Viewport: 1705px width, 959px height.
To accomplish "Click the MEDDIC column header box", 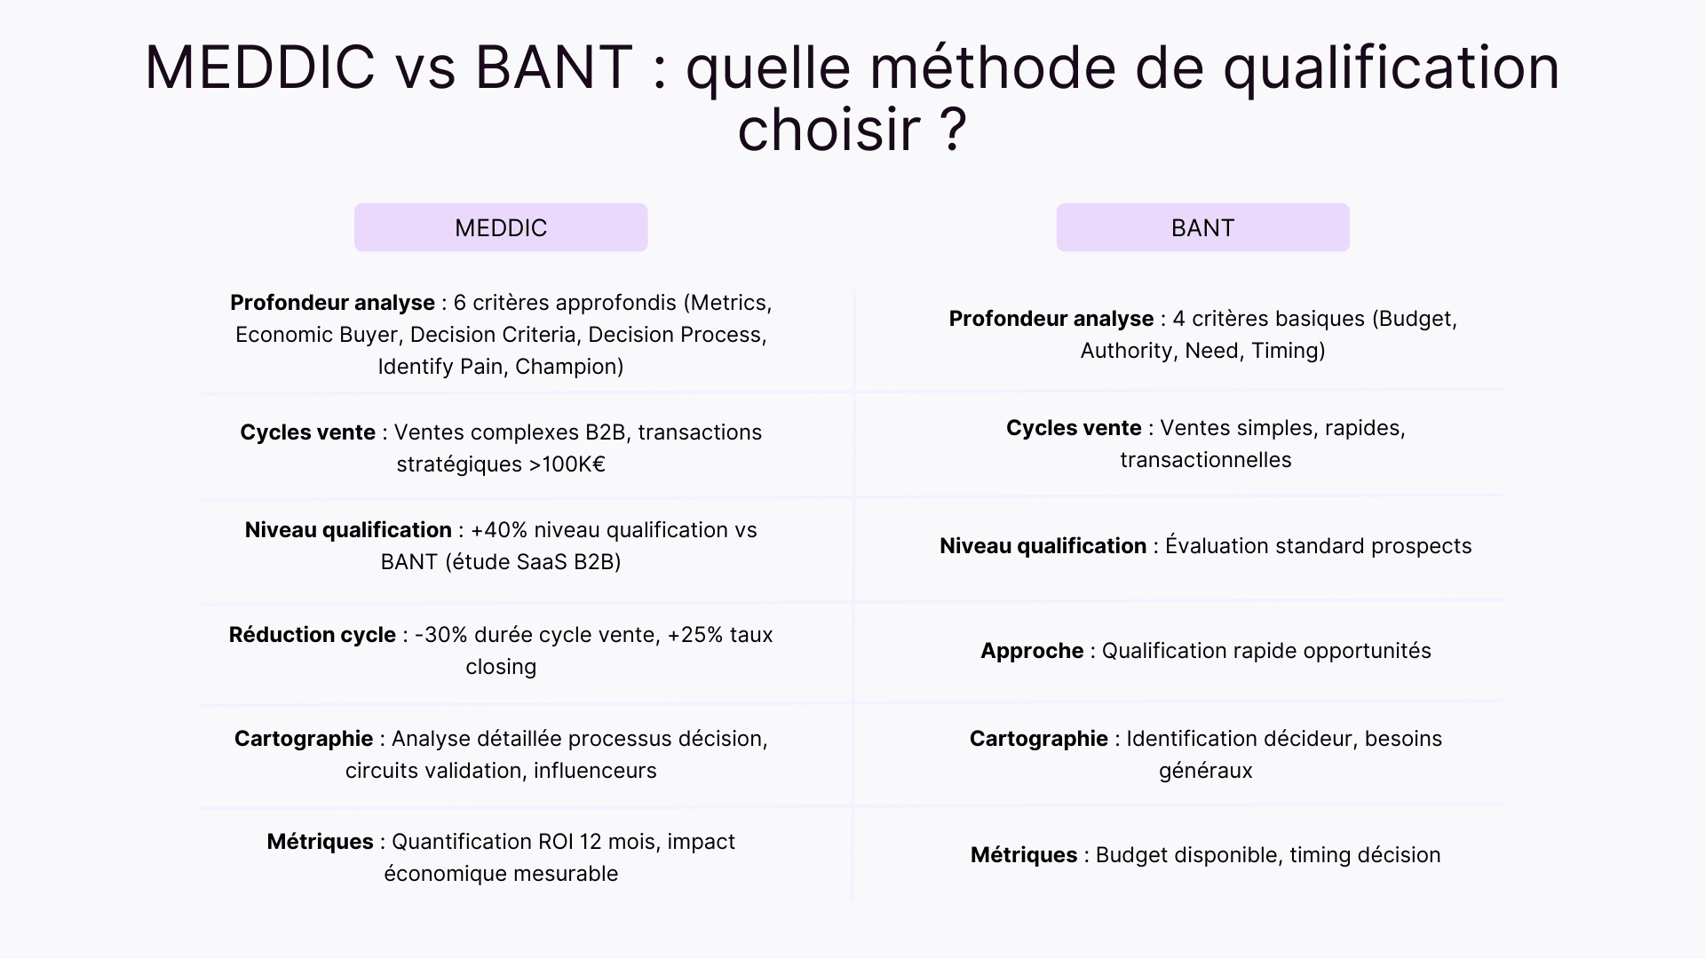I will point(501,227).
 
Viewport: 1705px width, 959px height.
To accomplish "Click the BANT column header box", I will point(1202,227).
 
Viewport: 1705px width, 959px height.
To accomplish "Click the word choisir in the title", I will point(829,130).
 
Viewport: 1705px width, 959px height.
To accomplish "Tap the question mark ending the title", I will point(951,130).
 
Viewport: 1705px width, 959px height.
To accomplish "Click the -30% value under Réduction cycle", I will point(440,635).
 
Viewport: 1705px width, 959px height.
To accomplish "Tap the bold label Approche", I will point(1032,651).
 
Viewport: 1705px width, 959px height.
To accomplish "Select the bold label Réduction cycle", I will point(312,635).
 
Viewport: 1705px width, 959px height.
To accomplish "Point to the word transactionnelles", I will point(1205,460).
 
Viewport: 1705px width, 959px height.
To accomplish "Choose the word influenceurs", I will point(595,771).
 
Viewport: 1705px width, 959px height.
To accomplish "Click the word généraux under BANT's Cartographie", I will point(1205,771).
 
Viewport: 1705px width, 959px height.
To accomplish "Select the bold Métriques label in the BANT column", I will point(1023,855).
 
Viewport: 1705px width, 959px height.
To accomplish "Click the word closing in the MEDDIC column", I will point(501,667).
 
